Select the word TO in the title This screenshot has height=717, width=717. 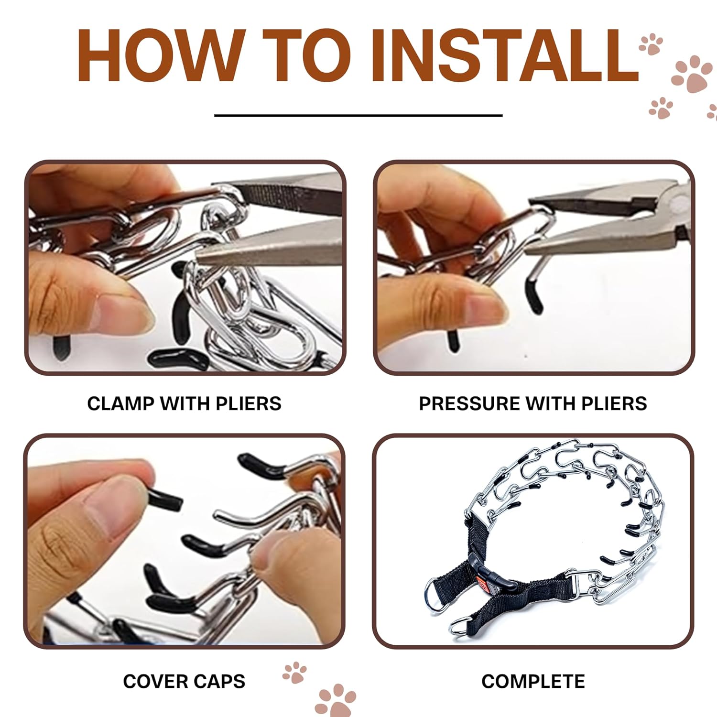(x=317, y=56)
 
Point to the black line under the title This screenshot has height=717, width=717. (x=358, y=115)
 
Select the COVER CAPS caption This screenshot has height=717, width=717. (x=184, y=681)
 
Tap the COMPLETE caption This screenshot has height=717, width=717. (x=533, y=681)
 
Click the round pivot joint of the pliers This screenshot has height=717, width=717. (x=678, y=204)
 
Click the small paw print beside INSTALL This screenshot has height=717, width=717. (x=651, y=44)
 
